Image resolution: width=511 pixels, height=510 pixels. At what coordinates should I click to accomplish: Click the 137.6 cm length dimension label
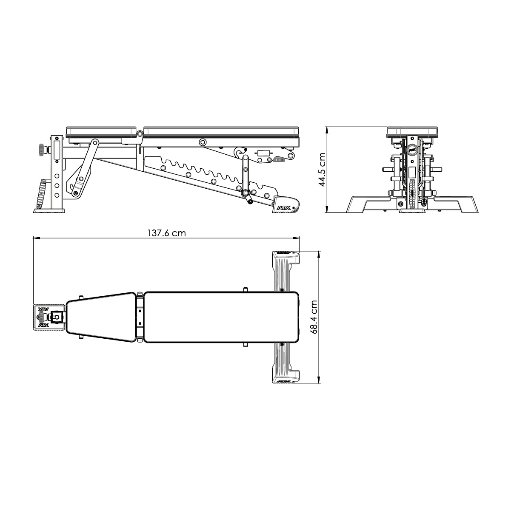tap(166, 233)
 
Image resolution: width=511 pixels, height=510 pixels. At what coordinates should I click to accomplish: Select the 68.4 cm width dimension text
tap(314, 317)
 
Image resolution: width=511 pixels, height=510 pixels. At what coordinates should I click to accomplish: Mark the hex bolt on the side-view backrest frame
tap(203, 142)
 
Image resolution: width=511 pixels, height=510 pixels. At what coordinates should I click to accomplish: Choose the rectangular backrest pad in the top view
tap(220, 317)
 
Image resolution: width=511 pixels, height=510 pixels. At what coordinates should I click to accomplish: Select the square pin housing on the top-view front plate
tap(57, 317)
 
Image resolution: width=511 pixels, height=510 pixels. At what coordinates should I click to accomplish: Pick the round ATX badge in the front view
tap(411, 149)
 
